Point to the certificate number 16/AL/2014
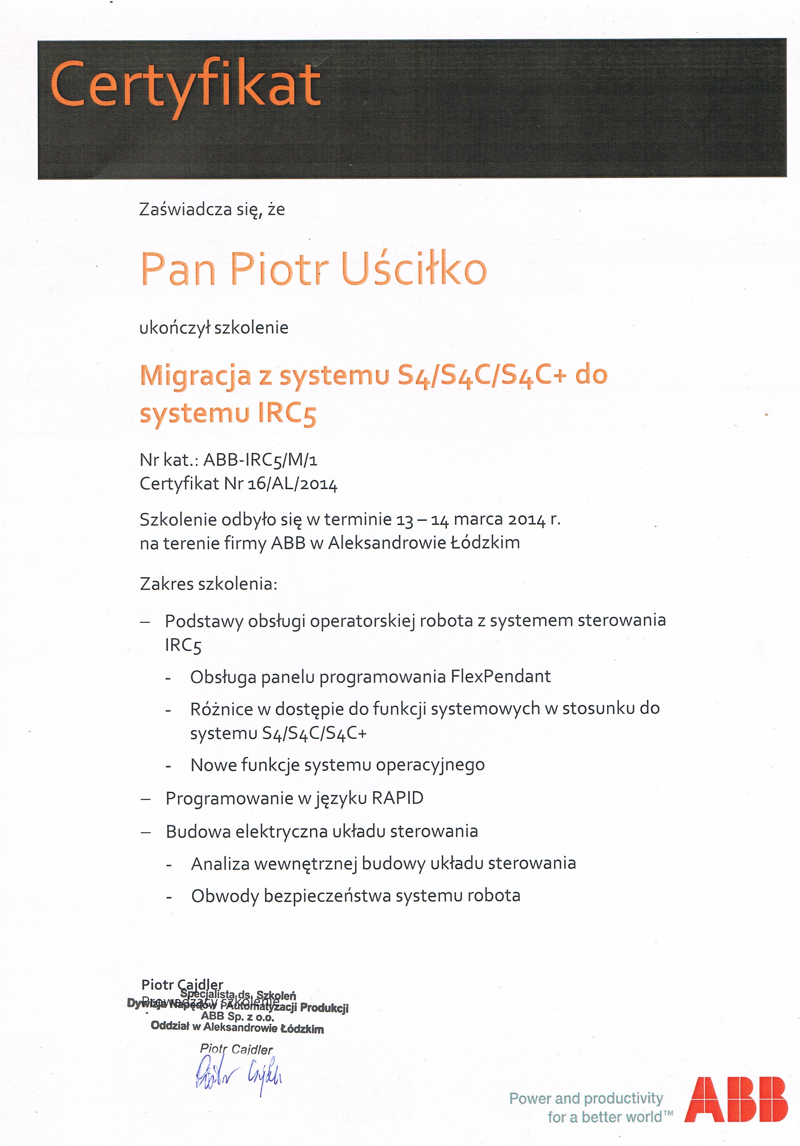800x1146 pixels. pyautogui.click(x=292, y=484)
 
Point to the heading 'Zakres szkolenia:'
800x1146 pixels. pyautogui.click(x=208, y=584)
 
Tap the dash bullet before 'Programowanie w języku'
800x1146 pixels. pyautogui.click(x=146, y=798)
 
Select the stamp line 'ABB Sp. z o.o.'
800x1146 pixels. pyautogui.click(x=238, y=1017)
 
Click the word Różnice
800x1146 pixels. pyautogui.click(x=221, y=709)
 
